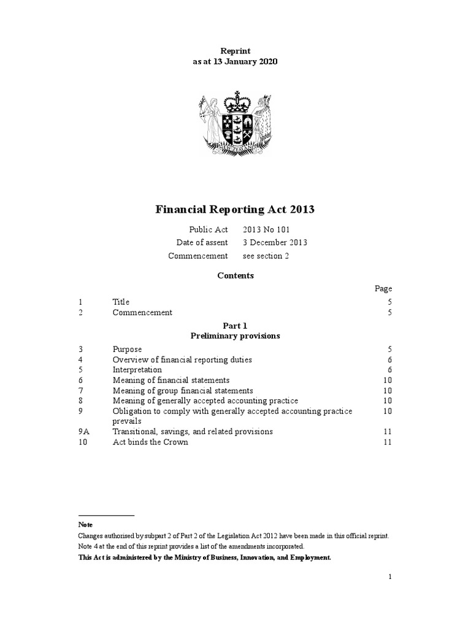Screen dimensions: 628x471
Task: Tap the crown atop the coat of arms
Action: [x=233, y=101]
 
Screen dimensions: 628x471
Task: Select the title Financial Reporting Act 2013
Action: [x=235, y=210]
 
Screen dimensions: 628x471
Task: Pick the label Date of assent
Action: [x=202, y=242]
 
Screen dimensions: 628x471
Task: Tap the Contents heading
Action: [x=235, y=276]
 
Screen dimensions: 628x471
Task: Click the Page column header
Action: [x=383, y=289]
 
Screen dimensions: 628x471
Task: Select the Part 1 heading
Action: [x=235, y=326]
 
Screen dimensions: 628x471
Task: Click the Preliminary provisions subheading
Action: [x=235, y=336]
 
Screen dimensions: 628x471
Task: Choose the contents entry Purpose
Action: [x=127, y=349]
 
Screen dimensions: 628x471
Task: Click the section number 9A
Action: [x=84, y=432]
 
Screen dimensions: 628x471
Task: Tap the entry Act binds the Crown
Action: [x=150, y=442]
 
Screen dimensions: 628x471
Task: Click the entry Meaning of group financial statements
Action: [x=183, y=391]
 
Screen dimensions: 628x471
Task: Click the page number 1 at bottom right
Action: [x=389, y=576]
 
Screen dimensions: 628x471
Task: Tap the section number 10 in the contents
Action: [x=83, y=442]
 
